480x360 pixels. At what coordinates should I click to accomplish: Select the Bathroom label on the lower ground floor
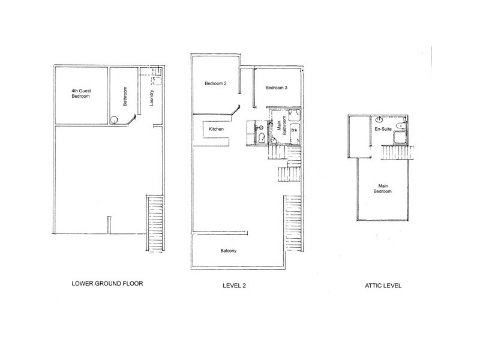point(125,96)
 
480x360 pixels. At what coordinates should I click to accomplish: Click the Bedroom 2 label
point(214,83)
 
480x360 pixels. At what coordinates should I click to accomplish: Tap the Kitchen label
point(217,130)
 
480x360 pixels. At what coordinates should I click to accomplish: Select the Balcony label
point(227,251)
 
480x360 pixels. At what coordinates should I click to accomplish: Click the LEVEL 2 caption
point(234,286)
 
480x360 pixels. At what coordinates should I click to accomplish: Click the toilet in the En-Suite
point(406,125)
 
